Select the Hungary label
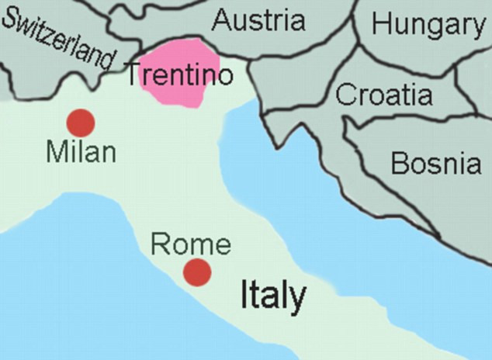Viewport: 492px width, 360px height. pyautogui.click(x=428, y=25)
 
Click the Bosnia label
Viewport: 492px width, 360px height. pyautogui.click(x=435, y=163)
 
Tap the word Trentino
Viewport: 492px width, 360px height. pyautogui.click(x=179, y=76)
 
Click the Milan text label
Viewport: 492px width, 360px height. pyautogui.click(x=81, y=151)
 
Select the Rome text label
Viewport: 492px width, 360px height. pyautogui.click(x=191, y=244)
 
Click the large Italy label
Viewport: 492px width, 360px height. pyautogui.click(x=272, y=296)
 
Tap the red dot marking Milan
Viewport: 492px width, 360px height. pyautogui.click(x=81, y=123)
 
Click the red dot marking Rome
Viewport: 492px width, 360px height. pyautogui.click(x=197, y=272)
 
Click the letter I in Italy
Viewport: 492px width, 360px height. pyautogui.click(x=243, y=295)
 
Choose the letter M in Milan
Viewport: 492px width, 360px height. pyautogui.click(x=56, y=151)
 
